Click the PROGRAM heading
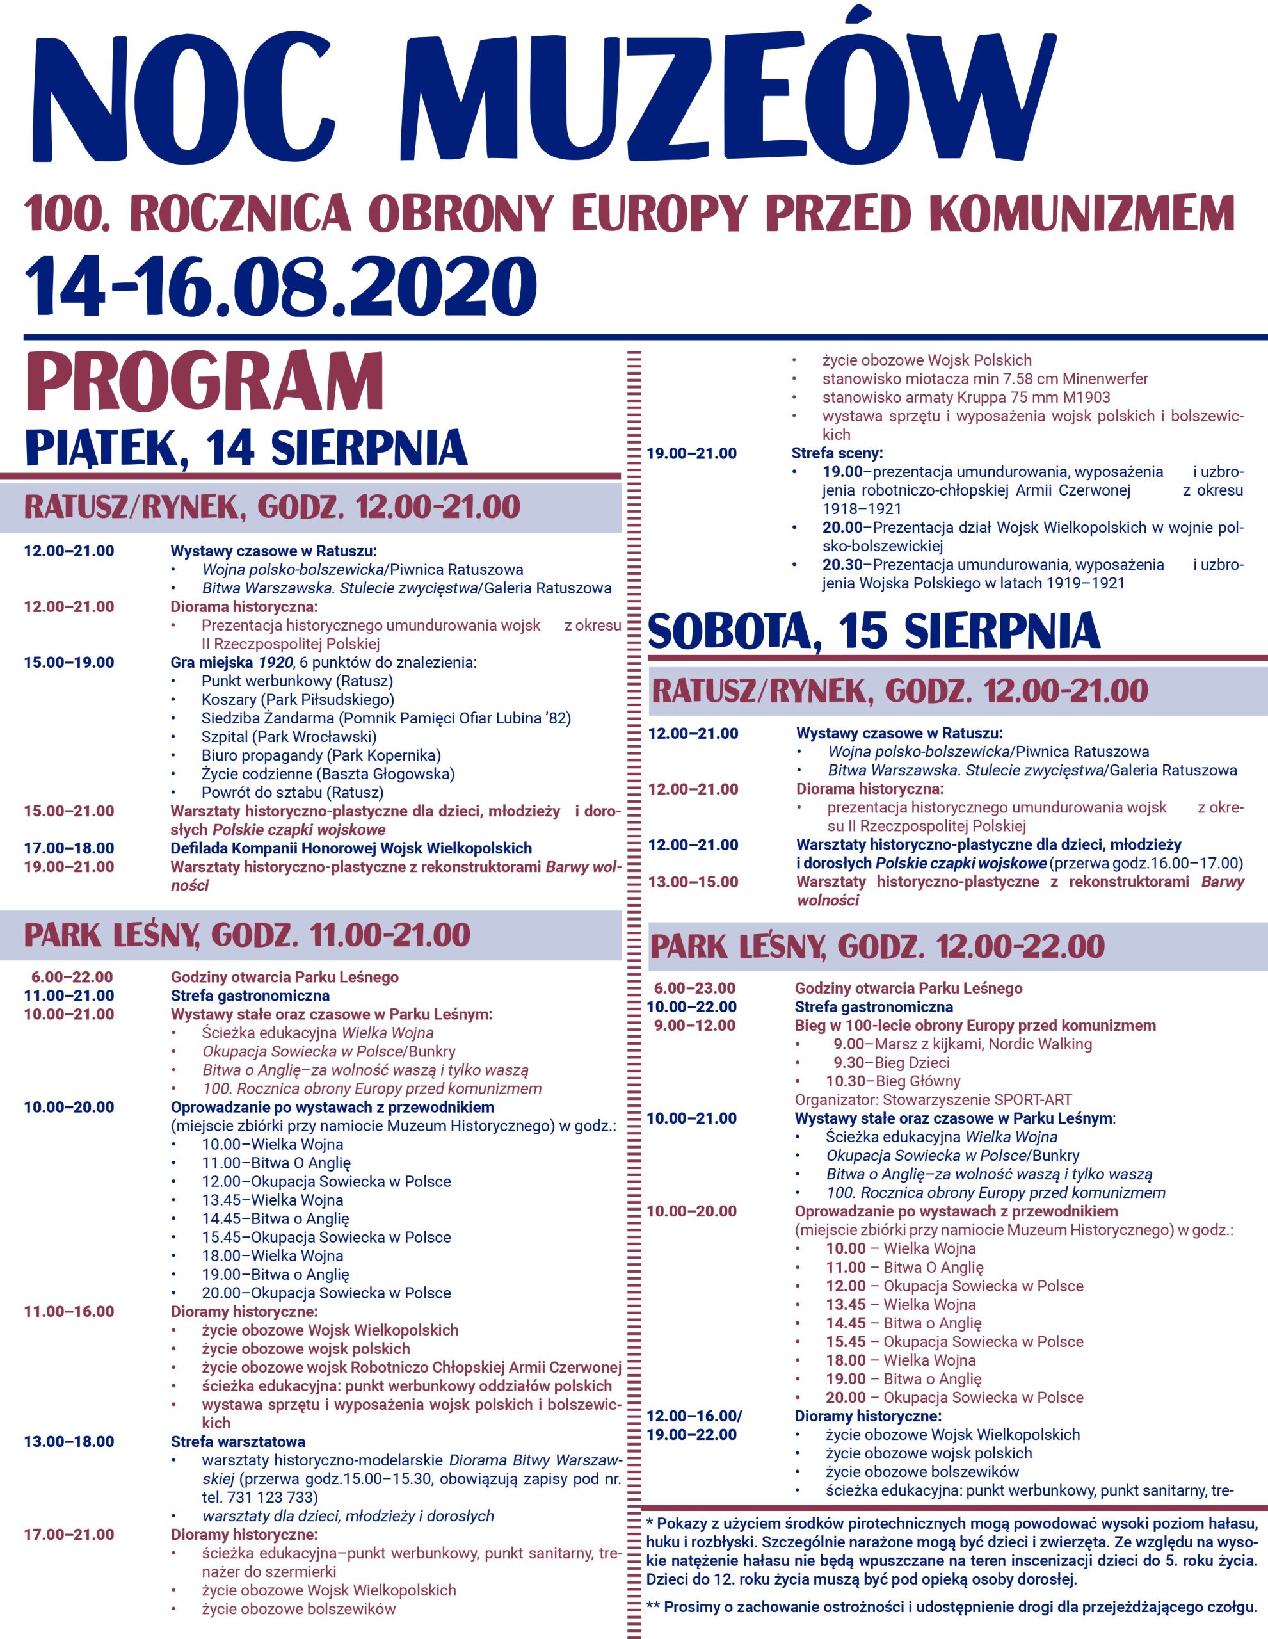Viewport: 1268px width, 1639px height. point(205,384)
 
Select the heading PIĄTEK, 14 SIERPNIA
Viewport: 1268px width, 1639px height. point(246,448)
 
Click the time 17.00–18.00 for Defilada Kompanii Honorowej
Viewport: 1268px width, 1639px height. point(69,848)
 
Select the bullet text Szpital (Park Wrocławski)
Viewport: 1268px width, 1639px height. point(289,736)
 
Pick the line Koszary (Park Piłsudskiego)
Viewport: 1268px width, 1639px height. point(298,699)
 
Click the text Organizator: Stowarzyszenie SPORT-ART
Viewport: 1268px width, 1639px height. point(933,1100)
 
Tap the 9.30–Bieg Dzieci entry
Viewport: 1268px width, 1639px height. point(892,1063)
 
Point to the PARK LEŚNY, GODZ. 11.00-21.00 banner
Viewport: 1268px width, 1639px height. point(248,935)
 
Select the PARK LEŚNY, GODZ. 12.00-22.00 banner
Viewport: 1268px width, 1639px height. point(877,946)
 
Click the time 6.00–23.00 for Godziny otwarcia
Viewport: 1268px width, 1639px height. point(694,989)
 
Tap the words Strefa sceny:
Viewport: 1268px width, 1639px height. point(837,453)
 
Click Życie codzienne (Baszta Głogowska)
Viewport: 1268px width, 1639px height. point(328,773)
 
